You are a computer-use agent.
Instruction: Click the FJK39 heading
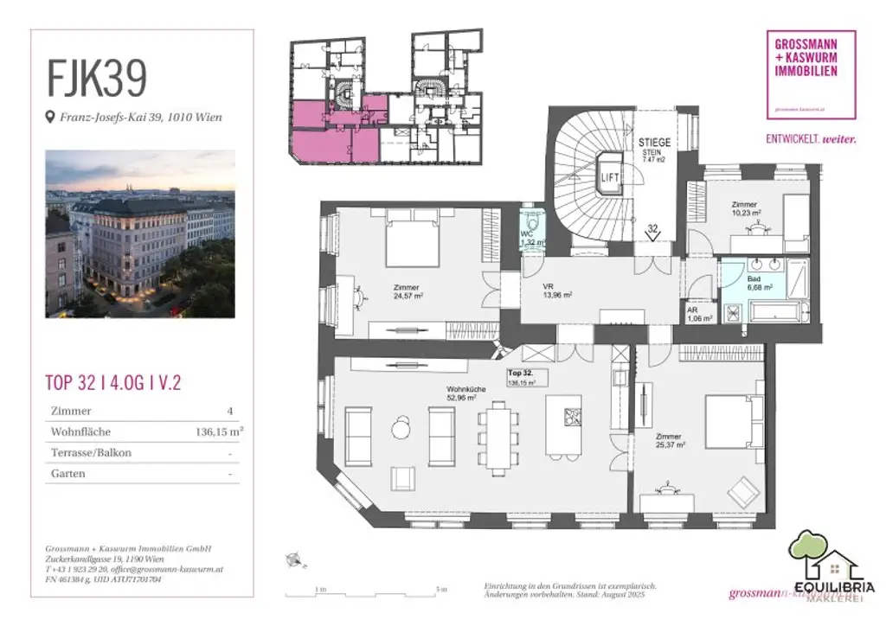click(96, 79)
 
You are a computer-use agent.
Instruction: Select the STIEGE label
click(654, 142)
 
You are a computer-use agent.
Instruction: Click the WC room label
click(527, 236)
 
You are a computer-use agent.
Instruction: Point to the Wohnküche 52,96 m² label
click(465, 394)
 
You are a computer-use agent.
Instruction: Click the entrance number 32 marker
click(654, 232)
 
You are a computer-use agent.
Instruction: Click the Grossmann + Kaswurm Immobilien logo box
click(811, 74)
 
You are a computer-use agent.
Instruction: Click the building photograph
click(140, 233)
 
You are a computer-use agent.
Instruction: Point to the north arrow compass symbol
click(296, 561)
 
